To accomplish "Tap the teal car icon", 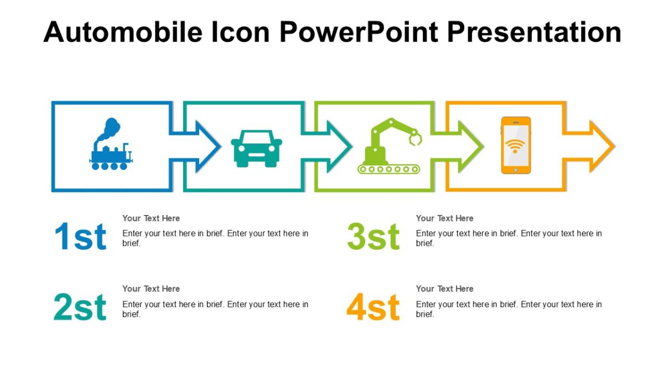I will tap(256, 148).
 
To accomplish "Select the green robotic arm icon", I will tap(389, 146).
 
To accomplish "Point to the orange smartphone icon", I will tap(516, 145).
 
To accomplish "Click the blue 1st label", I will tap(80, 237).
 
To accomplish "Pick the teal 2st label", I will tap(80, 308).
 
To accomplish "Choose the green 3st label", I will tap(373, 237).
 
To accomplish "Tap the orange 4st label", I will tap(373, 308).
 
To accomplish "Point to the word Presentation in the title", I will tap(535, 31).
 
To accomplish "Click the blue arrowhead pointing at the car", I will tap(208, 146).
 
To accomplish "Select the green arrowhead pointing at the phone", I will tap(470, 146).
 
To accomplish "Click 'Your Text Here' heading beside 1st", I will tap(151, 218).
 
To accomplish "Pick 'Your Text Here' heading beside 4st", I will tap(444, 288).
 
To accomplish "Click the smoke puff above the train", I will tap(110, 127).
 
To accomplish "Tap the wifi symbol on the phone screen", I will tap(516, 146).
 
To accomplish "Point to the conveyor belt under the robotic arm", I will tap(389, 169).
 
